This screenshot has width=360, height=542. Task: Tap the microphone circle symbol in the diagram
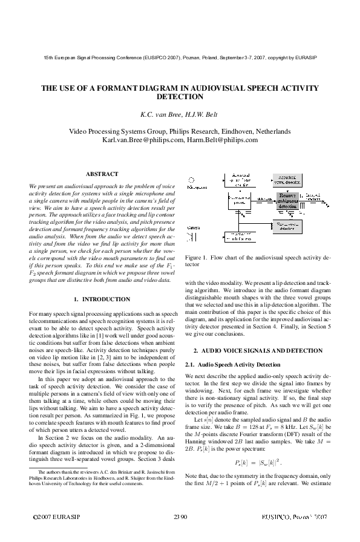click(x=191, y=180)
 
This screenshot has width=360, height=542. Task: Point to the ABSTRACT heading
click(x=102, y=174)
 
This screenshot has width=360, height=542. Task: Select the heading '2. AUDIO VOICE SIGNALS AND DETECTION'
click(x=258, y=351)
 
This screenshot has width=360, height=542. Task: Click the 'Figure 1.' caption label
click(x=198, y=257)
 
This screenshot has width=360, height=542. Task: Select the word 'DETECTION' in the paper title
click(x=180, y=97)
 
